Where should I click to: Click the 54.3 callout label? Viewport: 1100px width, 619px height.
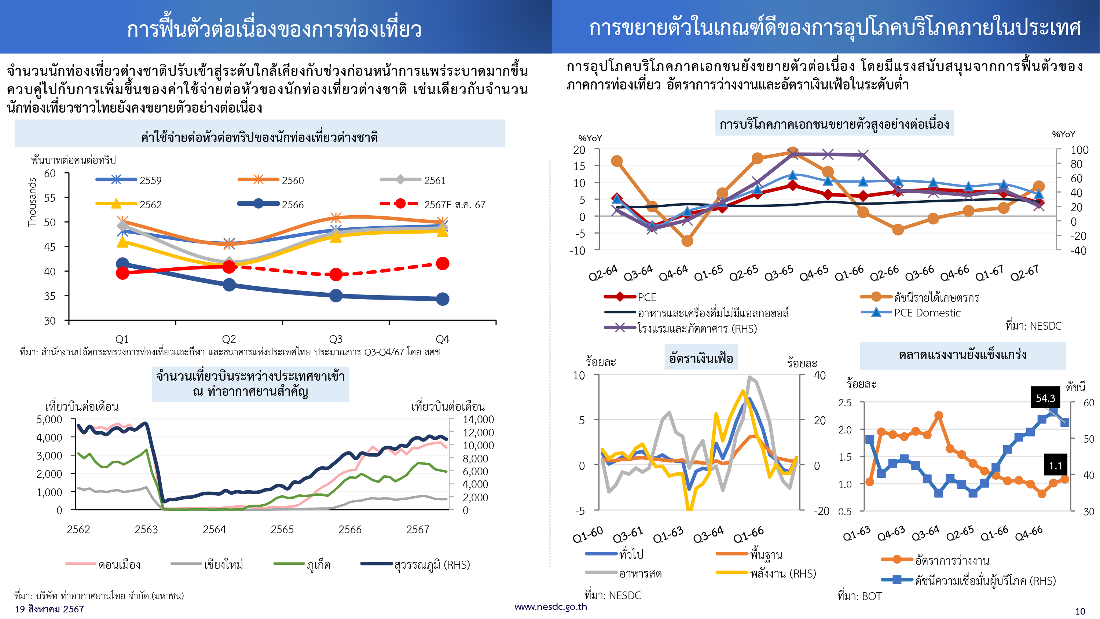[1045, 398]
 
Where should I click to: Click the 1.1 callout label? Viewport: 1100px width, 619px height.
[1055, 466]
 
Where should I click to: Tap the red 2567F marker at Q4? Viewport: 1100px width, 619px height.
[443, 264]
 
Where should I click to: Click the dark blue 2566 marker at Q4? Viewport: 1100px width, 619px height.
[443, 299]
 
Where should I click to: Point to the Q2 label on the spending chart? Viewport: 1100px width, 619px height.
[229, 339]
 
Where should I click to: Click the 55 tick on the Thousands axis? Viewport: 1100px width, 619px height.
[50, 198]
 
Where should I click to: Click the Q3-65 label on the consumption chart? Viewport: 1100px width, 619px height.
[778, 272]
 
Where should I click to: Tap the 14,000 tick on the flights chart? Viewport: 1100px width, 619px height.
[478, 420]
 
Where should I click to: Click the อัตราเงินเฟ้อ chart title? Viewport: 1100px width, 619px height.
[701, 358]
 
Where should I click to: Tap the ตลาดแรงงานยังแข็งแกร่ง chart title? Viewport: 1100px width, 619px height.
[962, 355]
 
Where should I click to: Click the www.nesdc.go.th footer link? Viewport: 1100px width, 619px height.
[550, 607]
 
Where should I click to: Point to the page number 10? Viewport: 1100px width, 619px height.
[1080, 611]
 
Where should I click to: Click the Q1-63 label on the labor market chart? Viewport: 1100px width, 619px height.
[857, 533]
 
